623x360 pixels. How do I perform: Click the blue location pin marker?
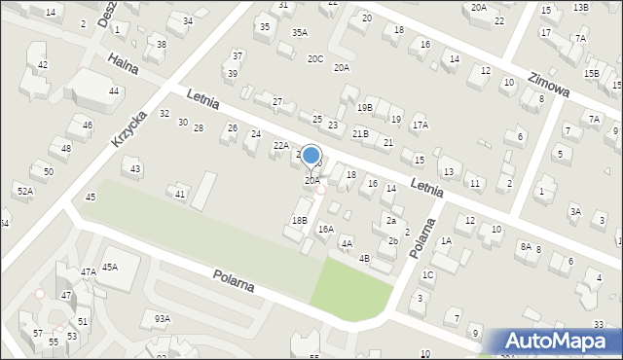(311, 156)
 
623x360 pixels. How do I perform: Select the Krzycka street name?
(128, 127)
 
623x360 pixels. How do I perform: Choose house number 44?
(114, 90)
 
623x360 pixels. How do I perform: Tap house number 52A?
(24, 192)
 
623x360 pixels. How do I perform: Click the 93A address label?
(162, 318)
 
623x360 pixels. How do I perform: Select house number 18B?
(299, 221)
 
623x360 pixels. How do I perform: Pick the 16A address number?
(325, 229)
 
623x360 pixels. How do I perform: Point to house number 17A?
(420, 125)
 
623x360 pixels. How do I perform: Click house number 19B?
(364, 107)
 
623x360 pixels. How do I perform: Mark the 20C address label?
(315, 58)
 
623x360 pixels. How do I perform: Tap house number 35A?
(299, 32)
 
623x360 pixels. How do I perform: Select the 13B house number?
(581, 8)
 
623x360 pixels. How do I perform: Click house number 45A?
(110, 267)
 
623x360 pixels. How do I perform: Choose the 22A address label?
(280, 145)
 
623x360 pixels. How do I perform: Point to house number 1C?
(427, 274)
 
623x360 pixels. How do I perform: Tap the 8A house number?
(526, 247)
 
